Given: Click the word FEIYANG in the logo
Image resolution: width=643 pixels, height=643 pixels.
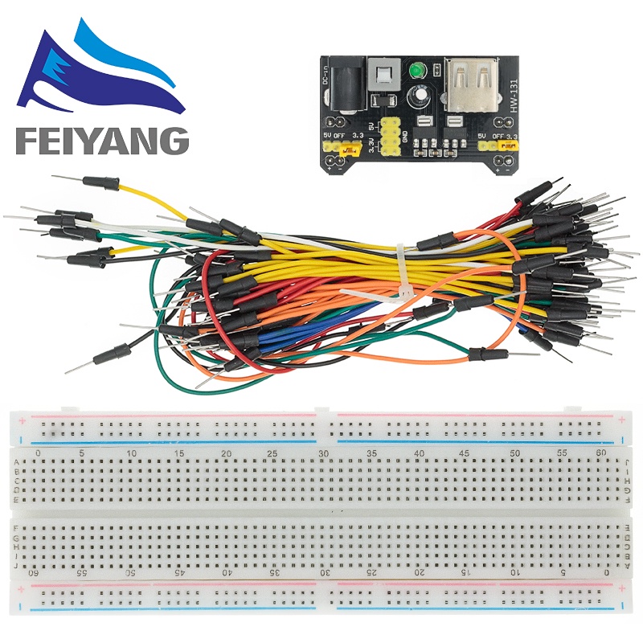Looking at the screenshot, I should [100, 140].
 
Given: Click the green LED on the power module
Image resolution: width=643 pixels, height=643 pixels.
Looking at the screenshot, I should [417, 73].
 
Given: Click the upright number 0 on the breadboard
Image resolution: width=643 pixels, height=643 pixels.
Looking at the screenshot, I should [38, 454].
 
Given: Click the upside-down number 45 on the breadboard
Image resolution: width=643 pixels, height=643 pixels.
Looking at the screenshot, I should [182, 573].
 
